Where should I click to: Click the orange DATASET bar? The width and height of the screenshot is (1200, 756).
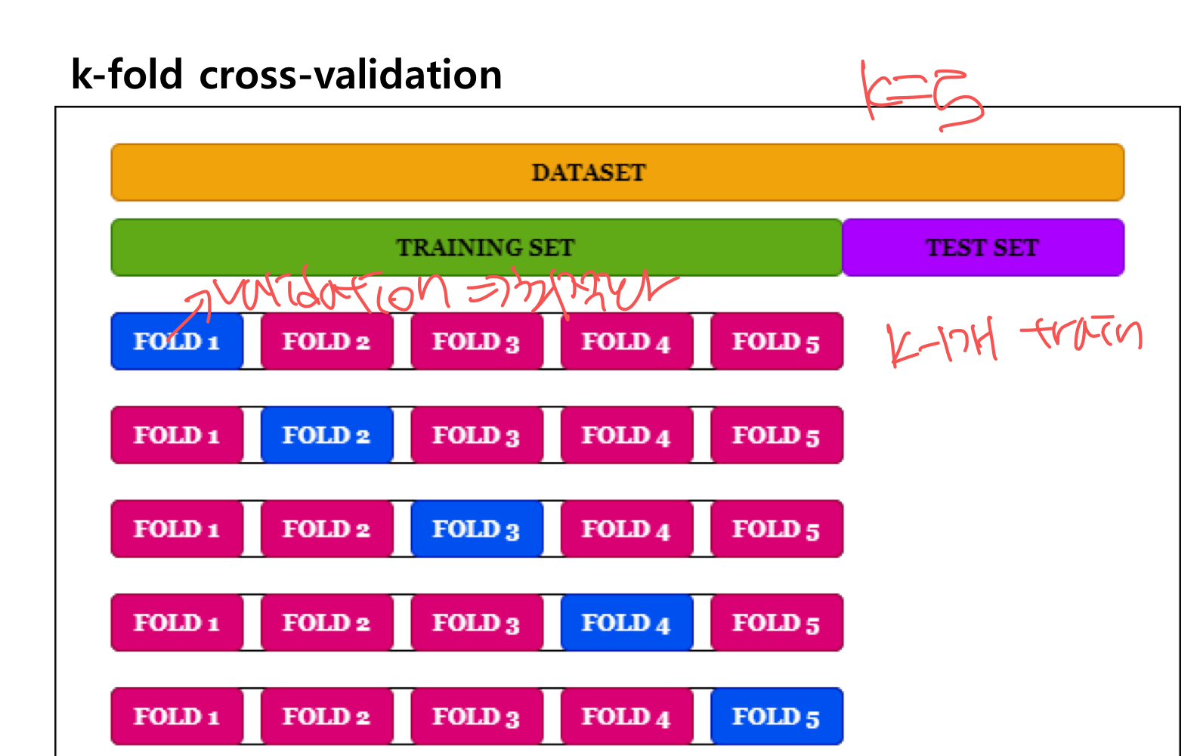[x=617, y=172]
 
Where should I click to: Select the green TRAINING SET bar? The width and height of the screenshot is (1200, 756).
[x=477, y=247]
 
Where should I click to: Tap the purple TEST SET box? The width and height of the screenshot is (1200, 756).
[x=982, y=247]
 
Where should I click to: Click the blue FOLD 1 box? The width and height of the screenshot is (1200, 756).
[x=177, y=341]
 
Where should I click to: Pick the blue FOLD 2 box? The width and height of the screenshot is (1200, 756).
[x=326, y=435]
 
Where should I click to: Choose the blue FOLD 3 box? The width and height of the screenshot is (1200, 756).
[x=476, y=528]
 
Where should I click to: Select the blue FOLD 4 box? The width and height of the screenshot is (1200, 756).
[x=626, y=622]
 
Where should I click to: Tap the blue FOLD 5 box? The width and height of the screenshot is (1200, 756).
[x=776, y=716]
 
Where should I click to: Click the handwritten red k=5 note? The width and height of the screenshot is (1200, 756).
[x=922, y=96]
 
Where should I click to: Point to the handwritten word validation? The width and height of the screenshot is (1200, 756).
[x=332, y=291]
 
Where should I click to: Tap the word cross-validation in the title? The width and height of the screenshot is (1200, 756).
[x=351, y=75]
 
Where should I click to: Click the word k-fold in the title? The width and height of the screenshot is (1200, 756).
[x=127, y=75]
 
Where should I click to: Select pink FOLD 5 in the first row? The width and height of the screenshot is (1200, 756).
[x=776, y=341]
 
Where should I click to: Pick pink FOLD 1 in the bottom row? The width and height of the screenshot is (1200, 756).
[x=177, y=716]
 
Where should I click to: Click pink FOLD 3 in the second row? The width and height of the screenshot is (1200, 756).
[x=476, y=435]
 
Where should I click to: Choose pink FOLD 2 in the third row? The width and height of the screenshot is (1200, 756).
[x=326, y=528]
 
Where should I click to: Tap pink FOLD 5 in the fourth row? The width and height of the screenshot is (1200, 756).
[x=776, y=622]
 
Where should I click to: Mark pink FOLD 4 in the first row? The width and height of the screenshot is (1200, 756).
[x=626, y=341]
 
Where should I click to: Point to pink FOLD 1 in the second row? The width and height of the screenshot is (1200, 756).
[x=177, y=435]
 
